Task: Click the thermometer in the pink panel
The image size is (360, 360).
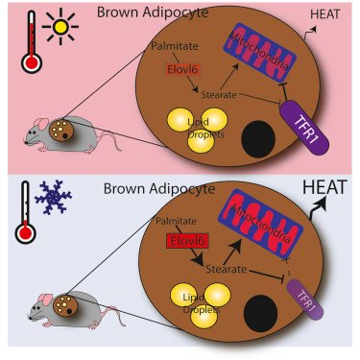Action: point(33,39)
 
